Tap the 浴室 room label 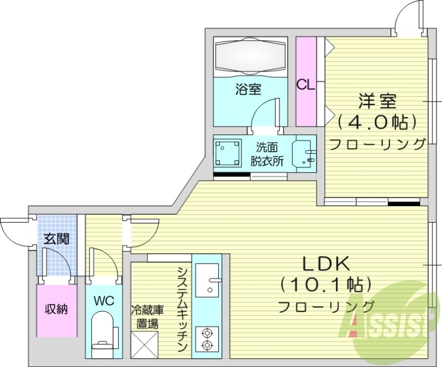(x=248, y=89)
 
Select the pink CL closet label (x=306, y=85)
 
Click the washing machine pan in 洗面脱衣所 (x=228, y=153)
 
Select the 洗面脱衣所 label (x=267, y=154)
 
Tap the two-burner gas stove (x=207, y=339)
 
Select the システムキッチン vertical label (x=182, y=309)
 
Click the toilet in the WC (x=103, y=332)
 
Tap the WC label (x=103, y=301)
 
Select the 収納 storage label (x=56, y=309)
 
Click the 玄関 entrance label (x=56, y=239)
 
